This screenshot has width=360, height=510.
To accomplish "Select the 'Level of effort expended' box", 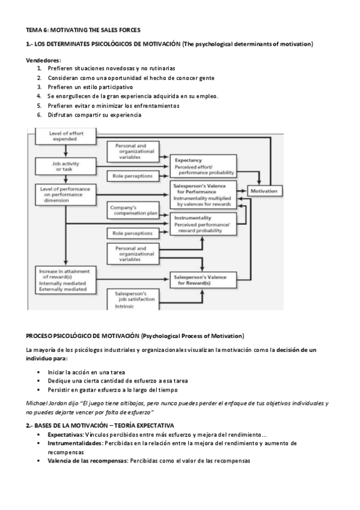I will point(61,137).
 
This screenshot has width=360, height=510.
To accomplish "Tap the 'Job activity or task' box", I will point(61,166).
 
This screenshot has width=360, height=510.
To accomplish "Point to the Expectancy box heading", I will point(188,161).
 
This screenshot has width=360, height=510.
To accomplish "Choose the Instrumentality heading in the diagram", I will point(192,218).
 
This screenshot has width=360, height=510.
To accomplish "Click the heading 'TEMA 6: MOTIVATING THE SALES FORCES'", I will point(84,30).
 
